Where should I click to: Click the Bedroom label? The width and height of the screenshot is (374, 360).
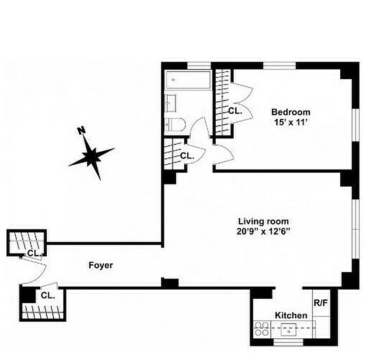[290, 112]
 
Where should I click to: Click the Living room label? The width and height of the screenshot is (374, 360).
[263, 221]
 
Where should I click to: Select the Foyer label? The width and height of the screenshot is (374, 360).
[100, 265]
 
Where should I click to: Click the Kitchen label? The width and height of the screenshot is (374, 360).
[291, 315]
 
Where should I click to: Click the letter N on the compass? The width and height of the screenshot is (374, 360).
[81, 130]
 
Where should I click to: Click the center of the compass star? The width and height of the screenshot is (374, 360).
[92, 156]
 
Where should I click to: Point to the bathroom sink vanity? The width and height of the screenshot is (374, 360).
[171, 103]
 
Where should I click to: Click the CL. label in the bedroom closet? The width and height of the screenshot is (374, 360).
[235, 111]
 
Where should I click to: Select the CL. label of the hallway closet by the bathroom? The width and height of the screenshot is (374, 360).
[187, 156]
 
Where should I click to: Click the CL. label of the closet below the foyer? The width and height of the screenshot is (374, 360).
[48, 296]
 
